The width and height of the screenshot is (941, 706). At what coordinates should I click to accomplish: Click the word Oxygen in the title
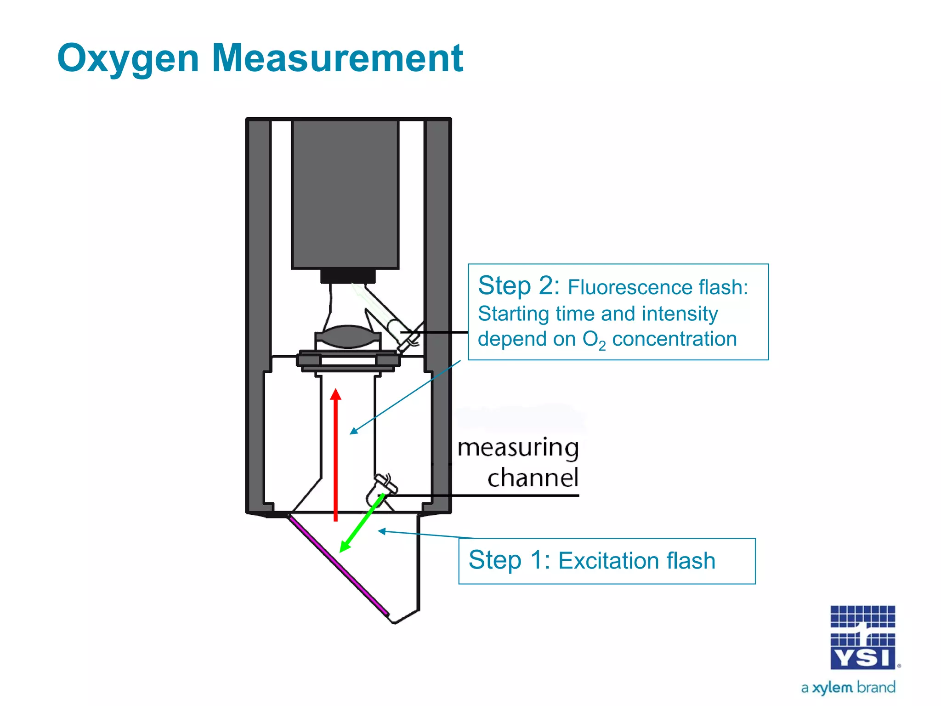128,58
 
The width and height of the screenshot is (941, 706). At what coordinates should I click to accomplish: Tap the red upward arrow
336,455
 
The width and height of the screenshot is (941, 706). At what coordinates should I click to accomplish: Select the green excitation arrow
362,524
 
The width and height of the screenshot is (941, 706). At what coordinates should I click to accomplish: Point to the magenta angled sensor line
338,566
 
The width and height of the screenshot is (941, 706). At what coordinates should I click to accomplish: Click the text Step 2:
519,286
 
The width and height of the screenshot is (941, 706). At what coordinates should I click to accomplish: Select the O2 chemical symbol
594,340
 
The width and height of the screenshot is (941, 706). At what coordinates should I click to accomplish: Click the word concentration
674,339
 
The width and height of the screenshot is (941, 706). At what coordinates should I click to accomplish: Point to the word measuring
518,448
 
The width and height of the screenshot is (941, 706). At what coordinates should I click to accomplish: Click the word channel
533,478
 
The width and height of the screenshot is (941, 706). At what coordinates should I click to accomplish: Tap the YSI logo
862,638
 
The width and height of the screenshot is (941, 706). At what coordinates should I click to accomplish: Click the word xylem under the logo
832,688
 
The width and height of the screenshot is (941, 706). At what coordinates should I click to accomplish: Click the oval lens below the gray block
348,336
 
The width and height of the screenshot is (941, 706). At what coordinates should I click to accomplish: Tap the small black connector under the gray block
348,276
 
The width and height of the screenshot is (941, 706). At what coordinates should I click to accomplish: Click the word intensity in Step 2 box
680,314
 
